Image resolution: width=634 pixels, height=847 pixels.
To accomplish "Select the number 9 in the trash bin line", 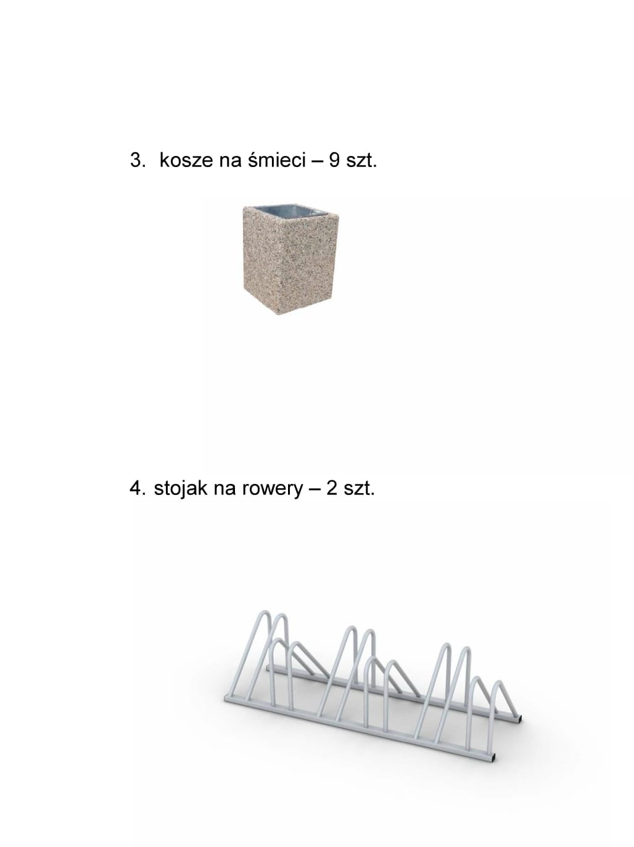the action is coord(334,160).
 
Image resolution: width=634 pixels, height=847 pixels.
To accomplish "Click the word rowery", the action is coord(273,490).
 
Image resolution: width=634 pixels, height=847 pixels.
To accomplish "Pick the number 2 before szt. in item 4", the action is coord(331,488).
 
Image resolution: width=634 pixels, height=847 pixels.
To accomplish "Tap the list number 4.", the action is coord(138,488).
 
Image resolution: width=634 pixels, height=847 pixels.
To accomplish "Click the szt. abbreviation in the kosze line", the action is coord(361,160).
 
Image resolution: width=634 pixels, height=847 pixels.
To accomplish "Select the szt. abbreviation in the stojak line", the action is coord(360,489).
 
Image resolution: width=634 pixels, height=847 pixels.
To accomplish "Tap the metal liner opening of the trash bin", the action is coord(291,211).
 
